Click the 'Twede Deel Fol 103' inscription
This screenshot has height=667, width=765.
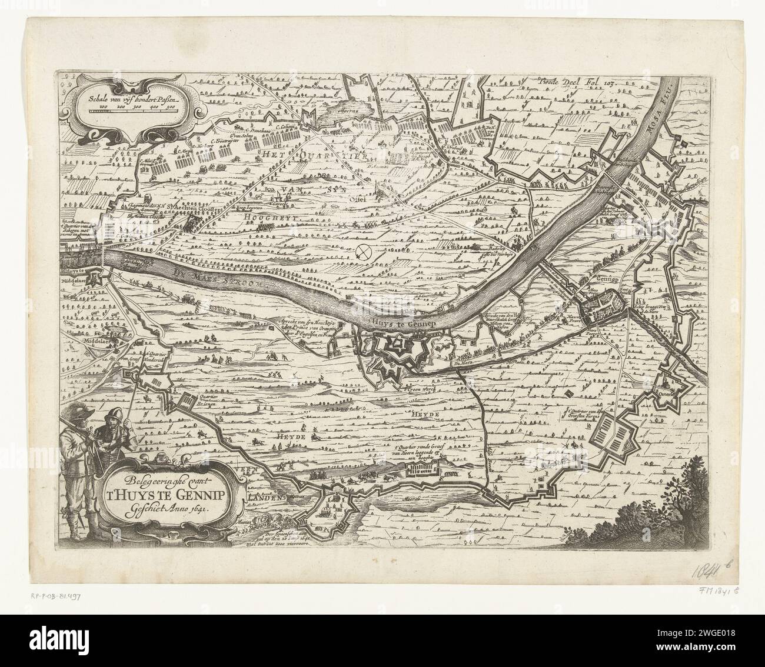[x=576, y=84]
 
